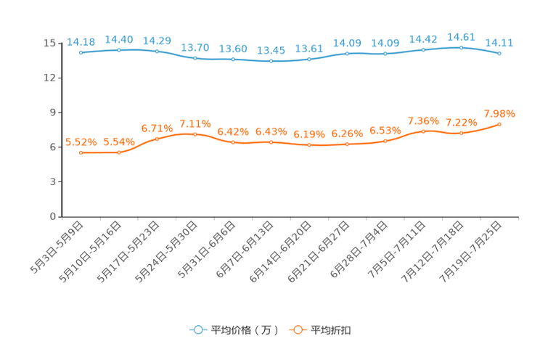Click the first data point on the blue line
81,53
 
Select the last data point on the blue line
499,54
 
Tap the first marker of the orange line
81,152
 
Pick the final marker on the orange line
499,124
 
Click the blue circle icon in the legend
197,330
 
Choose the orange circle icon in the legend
298,330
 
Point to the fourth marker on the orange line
195,134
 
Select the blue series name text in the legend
244,330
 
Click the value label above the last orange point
499,114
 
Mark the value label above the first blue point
81,42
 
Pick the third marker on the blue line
157,52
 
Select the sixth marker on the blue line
271,62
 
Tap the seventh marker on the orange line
309,145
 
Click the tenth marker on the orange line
423,131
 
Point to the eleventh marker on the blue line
461,47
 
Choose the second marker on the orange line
119,152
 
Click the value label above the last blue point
499,43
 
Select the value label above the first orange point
81,142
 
